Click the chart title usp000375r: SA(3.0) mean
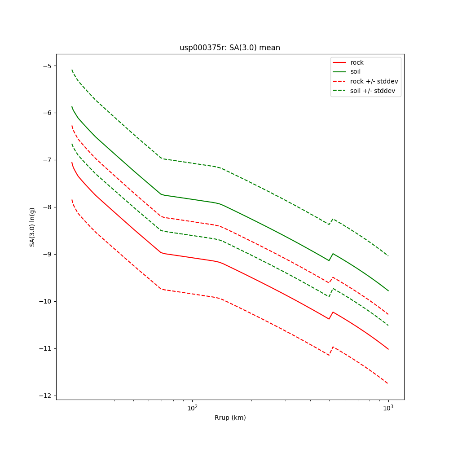[x=229, y=48]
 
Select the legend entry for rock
[x=357, y=62]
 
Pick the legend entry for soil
[x=355, y=72]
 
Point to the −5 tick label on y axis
[x=47, y=66]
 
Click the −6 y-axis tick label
[x=47, y=113]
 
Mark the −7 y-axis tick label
[x=47, y=160]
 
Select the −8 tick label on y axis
[x=47, y=207]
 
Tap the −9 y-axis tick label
[x=47, y=254]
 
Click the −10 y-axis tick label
[x=45, y=301]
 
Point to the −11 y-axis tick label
[x=45, y=348]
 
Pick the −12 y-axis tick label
[x=45, y=396]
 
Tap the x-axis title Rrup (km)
[x=230, y=418]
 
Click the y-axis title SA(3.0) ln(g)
[x=32, y=227]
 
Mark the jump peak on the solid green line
[x=333, y=254]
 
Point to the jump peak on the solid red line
[x=333, y=312]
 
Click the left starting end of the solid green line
[x=72, y=107]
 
